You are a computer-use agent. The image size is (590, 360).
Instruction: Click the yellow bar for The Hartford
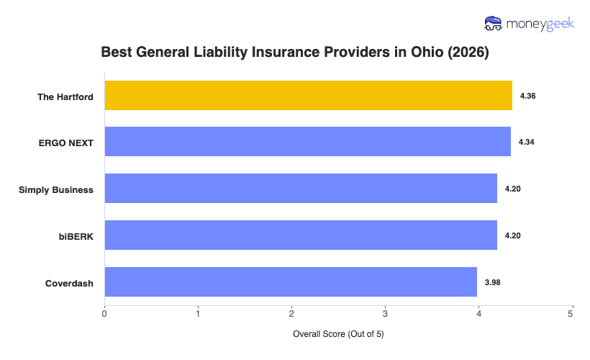pos(308,96)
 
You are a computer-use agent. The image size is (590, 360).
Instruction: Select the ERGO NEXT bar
pos(307,142)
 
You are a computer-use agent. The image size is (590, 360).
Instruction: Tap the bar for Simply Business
pos(301,189)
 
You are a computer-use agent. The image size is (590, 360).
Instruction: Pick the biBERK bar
pos(301,235)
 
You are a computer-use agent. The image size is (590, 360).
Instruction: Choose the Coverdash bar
pos(291,282)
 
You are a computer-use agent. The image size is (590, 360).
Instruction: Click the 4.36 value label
pos(527,96)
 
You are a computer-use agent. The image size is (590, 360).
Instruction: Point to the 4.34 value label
pos(526,142)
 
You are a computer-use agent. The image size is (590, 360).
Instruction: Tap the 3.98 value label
pos(492,282)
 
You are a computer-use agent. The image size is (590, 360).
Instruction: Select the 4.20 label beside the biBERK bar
pos(512,235)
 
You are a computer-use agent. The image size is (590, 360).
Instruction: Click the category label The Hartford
pos(65,96)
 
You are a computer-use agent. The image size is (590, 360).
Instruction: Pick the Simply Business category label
pos(56,189)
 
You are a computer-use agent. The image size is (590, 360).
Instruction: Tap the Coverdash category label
pos(70,283)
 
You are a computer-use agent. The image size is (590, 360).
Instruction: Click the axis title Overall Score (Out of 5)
pos(338,335)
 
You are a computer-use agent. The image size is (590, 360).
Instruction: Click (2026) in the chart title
pos(468,53)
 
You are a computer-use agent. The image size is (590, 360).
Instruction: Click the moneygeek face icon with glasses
pos(493,24)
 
